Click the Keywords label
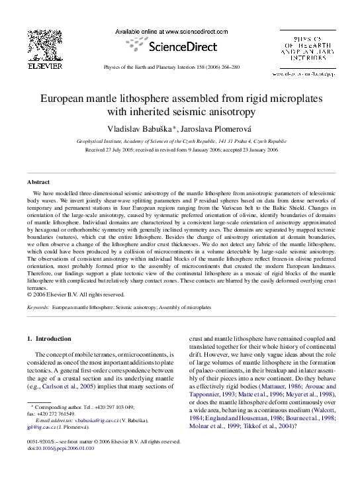click(x=38, y=308)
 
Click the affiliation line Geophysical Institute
click(x=180, y=140)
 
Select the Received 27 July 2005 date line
click(x=180, y=149)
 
